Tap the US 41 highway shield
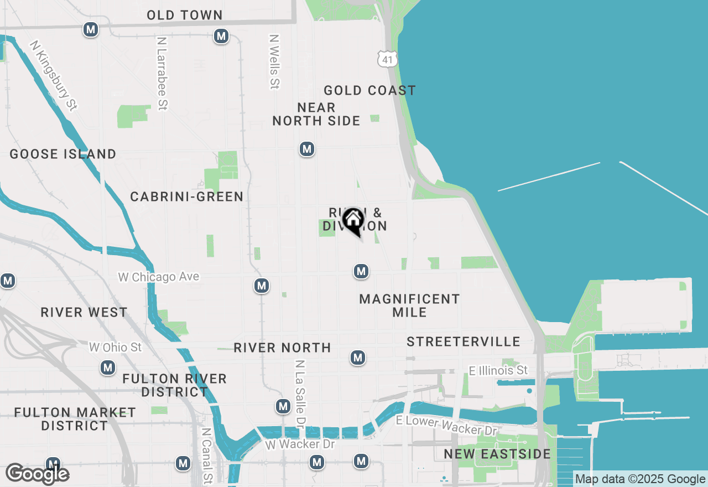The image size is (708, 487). click(x=388, y=58)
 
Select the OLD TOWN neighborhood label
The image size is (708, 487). click(x=185, y=15)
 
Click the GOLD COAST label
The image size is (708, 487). click(x=369, y=90)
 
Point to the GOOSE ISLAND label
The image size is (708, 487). click(x=63, y=154)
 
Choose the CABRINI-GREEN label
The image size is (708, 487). click(x=187, y=196)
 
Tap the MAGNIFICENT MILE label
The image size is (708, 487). click(x=409, y=305)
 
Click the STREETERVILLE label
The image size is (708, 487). click(x=464, y=341)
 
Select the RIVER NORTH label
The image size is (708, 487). click(x=282, y=348)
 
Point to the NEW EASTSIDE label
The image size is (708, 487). click(x=497, y=454)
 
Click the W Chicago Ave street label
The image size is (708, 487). click(x=159, y=277)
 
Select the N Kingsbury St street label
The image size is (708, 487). click(x=54, y=75)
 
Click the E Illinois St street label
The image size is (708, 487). click(x=498, y=370)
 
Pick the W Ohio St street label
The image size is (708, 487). click(x=116, y=348)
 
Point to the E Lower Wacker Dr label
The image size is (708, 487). click(x=447, y=425)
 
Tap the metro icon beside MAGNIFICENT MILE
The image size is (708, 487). click(x=361, y=271)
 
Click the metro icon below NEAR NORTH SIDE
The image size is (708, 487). click(x=307, y=149)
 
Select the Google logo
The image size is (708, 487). click(x=38, y=474)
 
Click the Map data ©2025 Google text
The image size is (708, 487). click(x=640, y=479)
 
